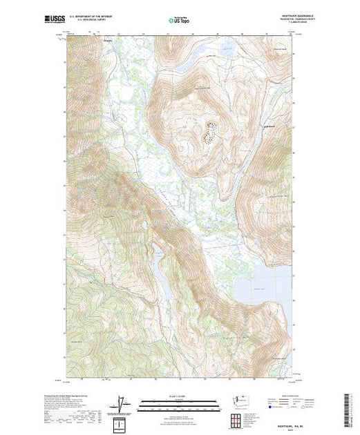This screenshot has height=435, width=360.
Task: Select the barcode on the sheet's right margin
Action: [x=350, y=404]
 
